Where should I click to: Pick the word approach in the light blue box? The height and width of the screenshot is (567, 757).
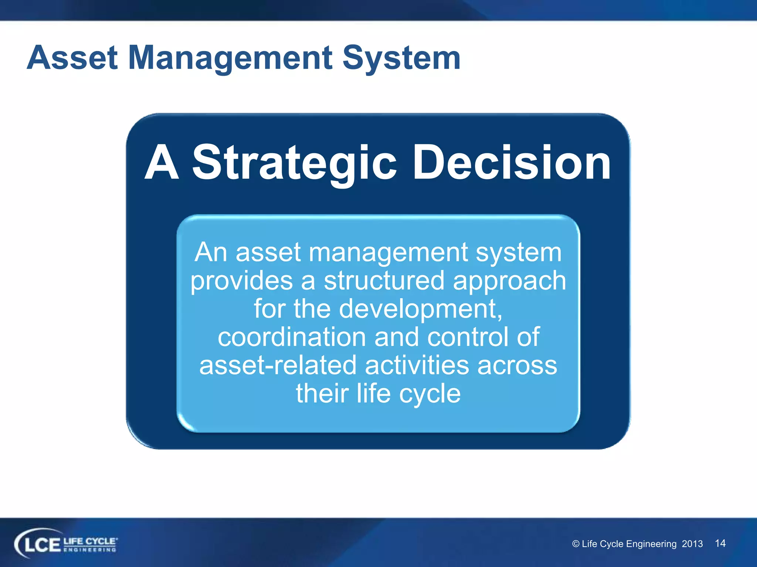coord(509,281)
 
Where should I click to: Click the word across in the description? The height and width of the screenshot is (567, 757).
coord(517,365)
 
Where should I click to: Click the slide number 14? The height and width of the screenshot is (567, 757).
coord(720,543)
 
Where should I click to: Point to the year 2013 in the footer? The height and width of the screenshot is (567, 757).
coord(692,544)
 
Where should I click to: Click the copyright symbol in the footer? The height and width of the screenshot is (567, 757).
coord(576,544)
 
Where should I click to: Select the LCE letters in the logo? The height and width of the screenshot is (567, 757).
coord(41,545)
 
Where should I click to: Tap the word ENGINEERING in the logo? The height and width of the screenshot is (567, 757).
coord(90,550)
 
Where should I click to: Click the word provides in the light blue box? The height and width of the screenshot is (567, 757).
coord(241,281)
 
